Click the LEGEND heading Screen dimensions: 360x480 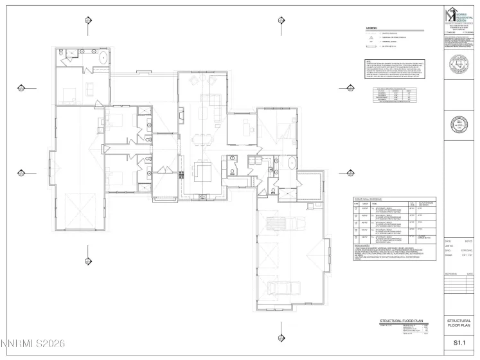click(371, 29)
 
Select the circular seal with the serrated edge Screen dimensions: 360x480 click(459, 123)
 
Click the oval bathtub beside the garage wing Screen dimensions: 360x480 click(289, 161)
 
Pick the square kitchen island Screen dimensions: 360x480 click(205, 172)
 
